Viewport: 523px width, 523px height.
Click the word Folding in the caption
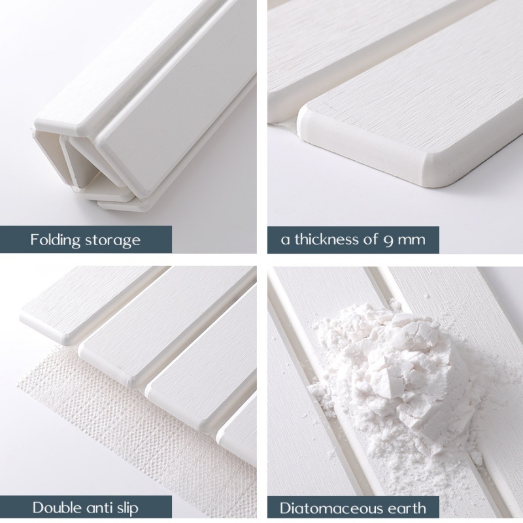coord(56,240)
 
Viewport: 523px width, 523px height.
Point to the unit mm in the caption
coord(412,241)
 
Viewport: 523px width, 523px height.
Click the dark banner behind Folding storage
coord(86,239)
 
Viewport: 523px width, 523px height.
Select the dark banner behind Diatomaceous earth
coord(353,509)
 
